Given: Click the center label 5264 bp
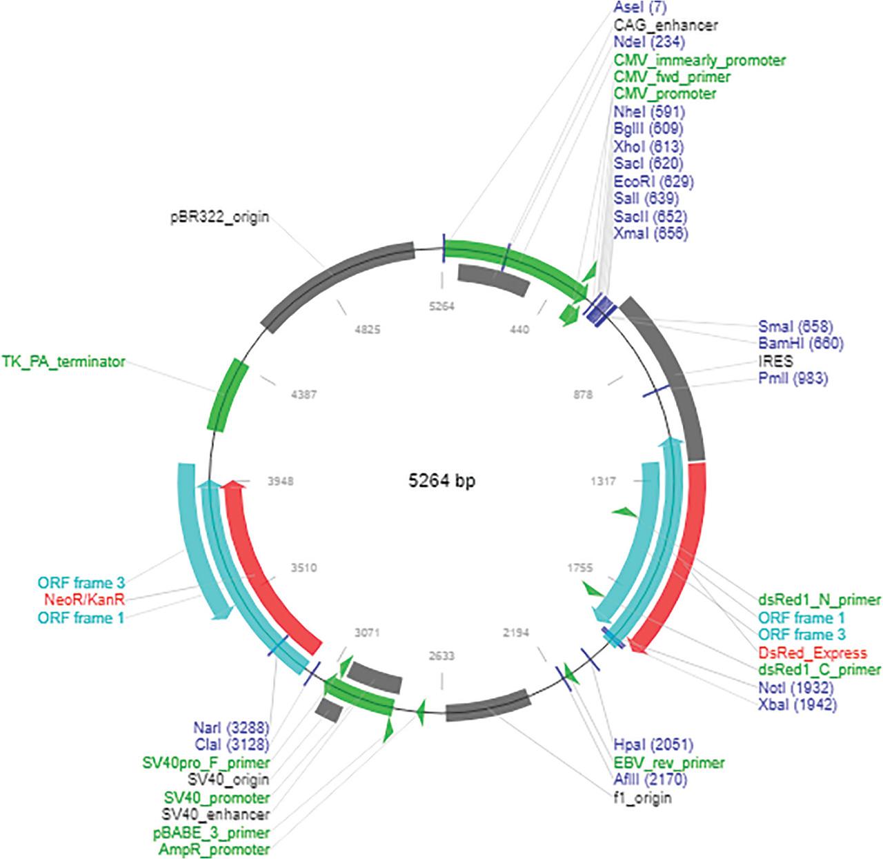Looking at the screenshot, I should (440, 481).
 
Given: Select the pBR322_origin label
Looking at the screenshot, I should (220, 217).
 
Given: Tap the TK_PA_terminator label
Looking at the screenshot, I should (63, 361).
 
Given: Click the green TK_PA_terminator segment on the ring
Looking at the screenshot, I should (228, 395).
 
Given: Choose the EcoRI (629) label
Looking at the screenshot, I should (653, 181).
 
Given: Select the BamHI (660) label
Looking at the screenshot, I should (800, 343).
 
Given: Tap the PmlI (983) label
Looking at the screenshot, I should (793, 378).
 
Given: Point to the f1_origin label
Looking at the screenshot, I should (642, 798).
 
